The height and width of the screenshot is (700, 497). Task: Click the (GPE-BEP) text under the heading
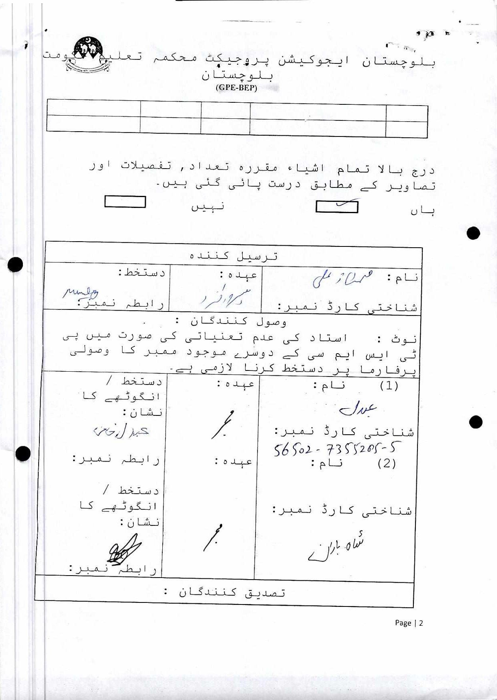[236, 88]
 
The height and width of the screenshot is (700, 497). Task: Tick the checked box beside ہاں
[337, 207]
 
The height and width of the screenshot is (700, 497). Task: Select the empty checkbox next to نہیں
[125, 201]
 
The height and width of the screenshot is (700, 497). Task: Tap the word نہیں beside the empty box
[207, 206]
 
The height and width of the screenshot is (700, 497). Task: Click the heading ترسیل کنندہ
[234, 256]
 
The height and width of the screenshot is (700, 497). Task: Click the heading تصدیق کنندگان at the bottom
[232, 592]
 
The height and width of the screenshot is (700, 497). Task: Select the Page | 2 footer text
[409, 623]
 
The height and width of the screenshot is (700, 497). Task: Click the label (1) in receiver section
[389, 386]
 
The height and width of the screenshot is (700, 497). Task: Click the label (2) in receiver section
[387, 464]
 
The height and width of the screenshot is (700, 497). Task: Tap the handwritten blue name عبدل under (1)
[357, 409]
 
